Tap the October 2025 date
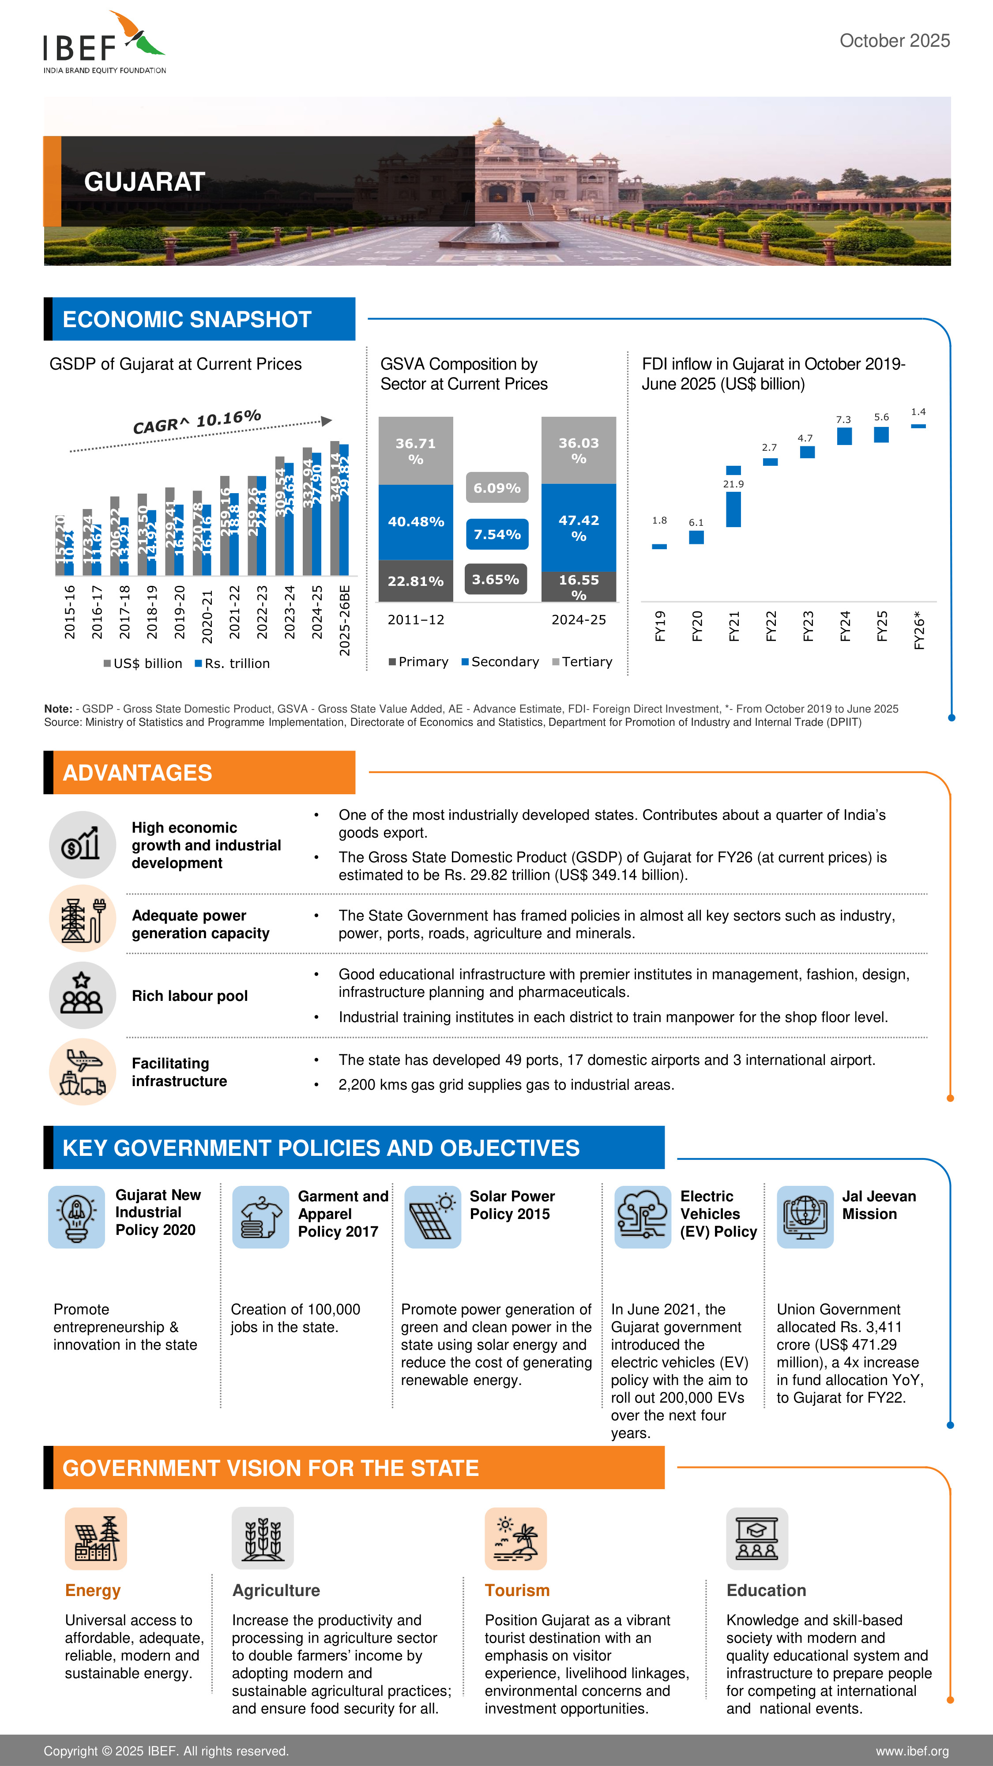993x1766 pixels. point(894,41)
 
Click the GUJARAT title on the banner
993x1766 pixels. point(145,181)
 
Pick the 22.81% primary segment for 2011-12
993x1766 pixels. point(415,581)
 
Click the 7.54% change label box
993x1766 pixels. point(497,534)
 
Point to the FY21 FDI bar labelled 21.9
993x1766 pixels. point(733,508)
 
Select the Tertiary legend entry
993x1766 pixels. point(583,661)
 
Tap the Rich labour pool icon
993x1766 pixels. point(82,996)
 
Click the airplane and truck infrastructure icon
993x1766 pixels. point(82,1072)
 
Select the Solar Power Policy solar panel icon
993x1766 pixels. point(433,1217)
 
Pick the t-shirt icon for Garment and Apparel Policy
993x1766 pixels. point(260,1217)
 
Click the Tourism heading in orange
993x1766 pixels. point(517,1590)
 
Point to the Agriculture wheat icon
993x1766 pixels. point(263,1538)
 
